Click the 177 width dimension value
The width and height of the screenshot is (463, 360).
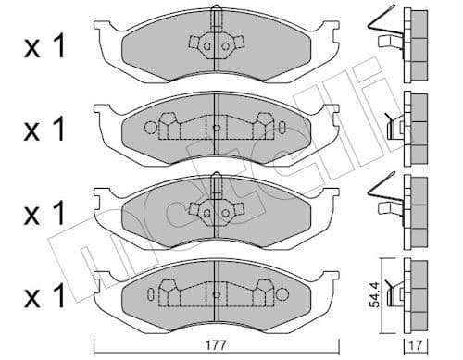pyautogui.click(x=215, y=343)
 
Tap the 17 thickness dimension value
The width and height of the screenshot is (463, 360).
pyautogui.click(x=415, y=343)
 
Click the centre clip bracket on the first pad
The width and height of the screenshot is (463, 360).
pyautogui.click(x=215, y=43)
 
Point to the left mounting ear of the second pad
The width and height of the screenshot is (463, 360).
pyautogui.click(x=104, y=115)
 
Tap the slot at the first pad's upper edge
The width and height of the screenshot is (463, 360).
pyautogui.click(x=215, y=16)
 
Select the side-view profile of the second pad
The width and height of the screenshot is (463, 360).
pyautogui.click(x=414, y=120)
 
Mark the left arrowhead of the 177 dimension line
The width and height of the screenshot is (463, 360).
pyautogui.click(x=98, y=331)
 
